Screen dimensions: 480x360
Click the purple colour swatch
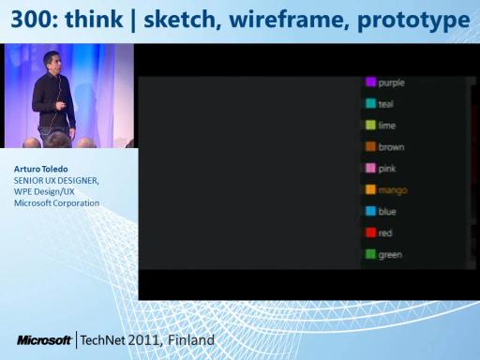point(370,82)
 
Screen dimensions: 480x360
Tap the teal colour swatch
point(370,103)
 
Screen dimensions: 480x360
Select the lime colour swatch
point(370,125)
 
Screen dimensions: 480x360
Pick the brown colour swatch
point(370,146)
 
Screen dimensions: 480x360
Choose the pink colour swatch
point(370,168)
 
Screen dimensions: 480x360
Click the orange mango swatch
point(370,189)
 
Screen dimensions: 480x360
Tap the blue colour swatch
point(370,211)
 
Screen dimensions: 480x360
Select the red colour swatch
point(370,232)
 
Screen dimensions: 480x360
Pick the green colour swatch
point(370,254)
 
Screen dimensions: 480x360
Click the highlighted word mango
point(393,190)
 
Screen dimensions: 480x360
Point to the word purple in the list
point(392,83)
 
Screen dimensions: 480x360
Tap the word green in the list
point(390,255)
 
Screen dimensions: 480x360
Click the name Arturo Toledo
point(41,169)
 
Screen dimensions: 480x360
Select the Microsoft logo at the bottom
point(44,340)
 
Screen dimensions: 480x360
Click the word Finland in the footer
point(191,340)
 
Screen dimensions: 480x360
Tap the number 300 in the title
point(31,20)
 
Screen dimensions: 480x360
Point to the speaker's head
point(52,61)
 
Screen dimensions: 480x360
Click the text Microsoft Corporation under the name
point(56,203)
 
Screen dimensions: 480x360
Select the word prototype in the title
point(413,21)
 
